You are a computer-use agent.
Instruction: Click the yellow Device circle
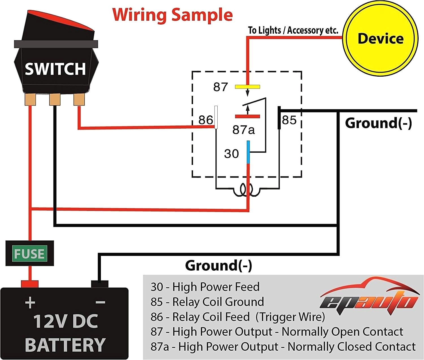[x=380, y=38]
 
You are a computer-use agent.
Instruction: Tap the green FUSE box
[x=29, y=253]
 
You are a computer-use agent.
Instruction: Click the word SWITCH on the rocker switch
[x=55, y=69]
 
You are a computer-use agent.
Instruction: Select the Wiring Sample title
[x=172, y=15]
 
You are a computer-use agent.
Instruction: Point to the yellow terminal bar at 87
[x=247, y=87]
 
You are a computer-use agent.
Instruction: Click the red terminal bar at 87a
[x=247, y=116]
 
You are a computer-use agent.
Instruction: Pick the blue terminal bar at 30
[x=248, y=152]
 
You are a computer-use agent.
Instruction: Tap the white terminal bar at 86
[x=216, y=117]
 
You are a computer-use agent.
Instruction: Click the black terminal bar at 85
[x=279, y=118]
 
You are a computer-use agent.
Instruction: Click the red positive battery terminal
[x=30, y=284]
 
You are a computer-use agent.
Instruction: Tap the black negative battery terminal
[x=99, y=284]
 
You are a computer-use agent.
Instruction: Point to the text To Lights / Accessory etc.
[x=293, y=30]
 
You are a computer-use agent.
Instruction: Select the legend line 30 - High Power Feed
[x=205, y=287]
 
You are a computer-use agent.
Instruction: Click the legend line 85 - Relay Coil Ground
[x=207, y=302]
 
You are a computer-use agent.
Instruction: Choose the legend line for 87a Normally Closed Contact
[x=283, y=346]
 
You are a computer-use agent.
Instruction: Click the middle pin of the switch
[x=55, y=100]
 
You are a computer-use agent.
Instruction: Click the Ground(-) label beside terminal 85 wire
[x=378, y=123]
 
